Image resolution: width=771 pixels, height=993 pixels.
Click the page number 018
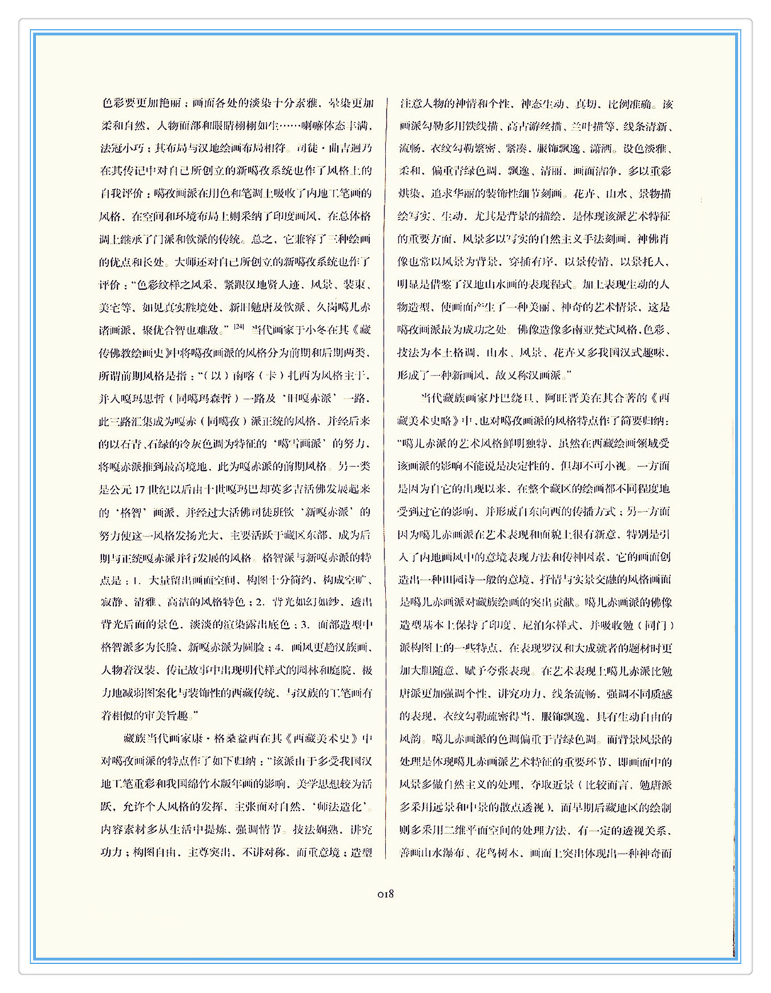385,894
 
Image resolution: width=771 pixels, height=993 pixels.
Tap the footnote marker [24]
239,327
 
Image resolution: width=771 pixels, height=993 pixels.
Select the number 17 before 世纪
139,489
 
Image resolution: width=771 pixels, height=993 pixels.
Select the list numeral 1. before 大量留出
136,580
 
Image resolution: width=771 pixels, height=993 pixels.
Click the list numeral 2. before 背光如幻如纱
259,603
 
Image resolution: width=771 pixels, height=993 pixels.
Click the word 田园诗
468,580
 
